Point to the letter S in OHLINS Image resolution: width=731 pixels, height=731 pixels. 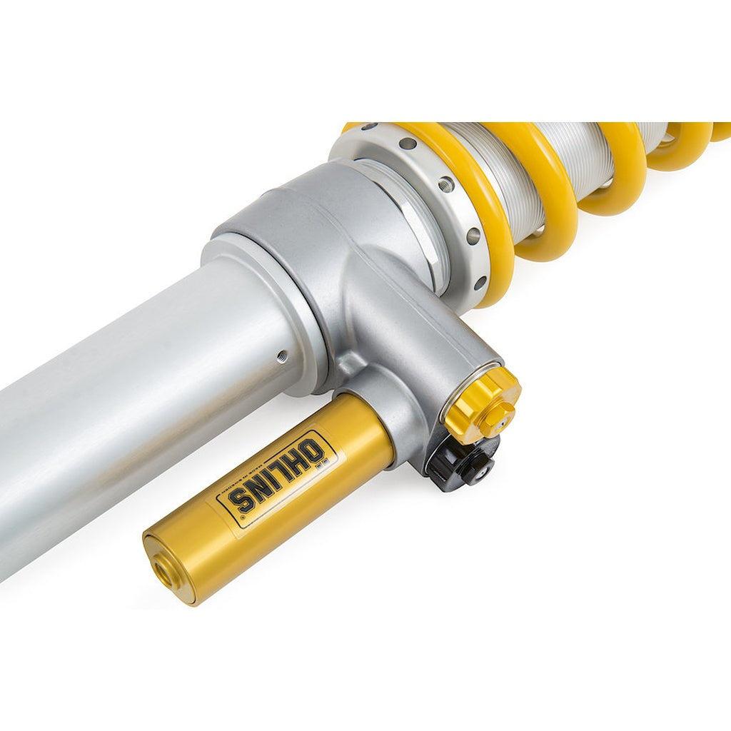point(242,500)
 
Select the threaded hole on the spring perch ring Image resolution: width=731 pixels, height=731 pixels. point(446,184)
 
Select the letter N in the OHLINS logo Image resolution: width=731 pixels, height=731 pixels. point(261,488)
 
